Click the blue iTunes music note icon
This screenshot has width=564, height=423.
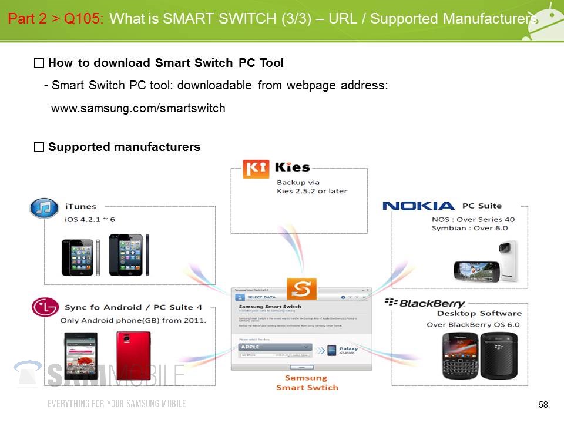(44, 208)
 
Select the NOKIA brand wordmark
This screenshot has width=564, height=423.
(418, 206)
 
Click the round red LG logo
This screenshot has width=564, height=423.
(44, 307)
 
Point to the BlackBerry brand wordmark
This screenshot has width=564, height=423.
(424, 303)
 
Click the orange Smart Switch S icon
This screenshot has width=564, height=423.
(301, 290)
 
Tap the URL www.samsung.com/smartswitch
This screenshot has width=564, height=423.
(138, 109)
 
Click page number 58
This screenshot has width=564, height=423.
(543, 404)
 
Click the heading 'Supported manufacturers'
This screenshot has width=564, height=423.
(124, 147)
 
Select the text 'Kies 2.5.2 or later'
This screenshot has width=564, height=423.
(311, 191)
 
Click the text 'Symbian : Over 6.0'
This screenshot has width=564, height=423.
(469, 229)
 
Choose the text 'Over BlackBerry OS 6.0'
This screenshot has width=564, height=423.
(474, 325)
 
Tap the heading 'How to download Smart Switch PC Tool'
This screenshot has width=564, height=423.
(166, 63)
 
